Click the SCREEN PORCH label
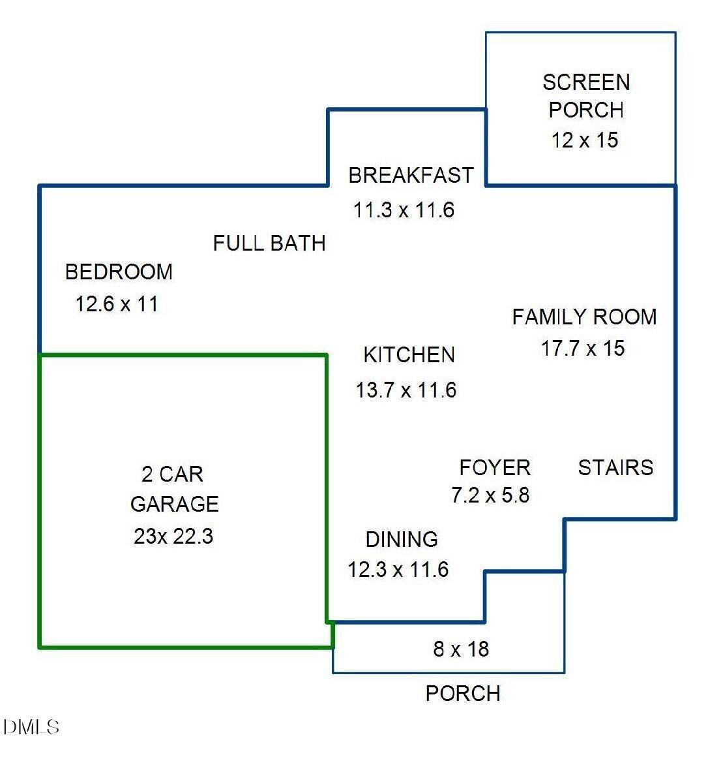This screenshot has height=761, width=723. coord(585,96)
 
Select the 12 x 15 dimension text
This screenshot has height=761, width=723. coord(585,140)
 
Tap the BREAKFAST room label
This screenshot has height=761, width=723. coord(411,176)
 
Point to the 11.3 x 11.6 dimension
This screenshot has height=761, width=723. coord(404,210)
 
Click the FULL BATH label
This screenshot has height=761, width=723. coord(269,243)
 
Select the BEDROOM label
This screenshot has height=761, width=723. coord(119,272)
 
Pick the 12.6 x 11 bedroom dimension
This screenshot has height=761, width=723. coord(117,304)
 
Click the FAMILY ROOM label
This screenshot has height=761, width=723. coord(584,317)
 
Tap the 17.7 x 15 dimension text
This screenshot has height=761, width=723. coord(583,349)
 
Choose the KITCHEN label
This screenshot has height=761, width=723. coord(409,355)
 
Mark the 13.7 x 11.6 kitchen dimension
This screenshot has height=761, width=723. coord(406,390)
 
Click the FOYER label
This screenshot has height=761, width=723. coord(495,467)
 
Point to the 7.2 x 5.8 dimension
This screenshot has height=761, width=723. coord(490,495)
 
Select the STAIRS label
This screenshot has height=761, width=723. coord(615,467)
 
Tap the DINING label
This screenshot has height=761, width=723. coord(402,540)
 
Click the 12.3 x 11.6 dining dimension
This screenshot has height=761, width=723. coord(398,570)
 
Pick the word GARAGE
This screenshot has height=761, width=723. coord(174,504)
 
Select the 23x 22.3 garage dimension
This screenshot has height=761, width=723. coord(173,536)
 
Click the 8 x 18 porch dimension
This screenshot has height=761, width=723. coord(461,649)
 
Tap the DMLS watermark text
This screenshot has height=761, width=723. coord(31,727)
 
